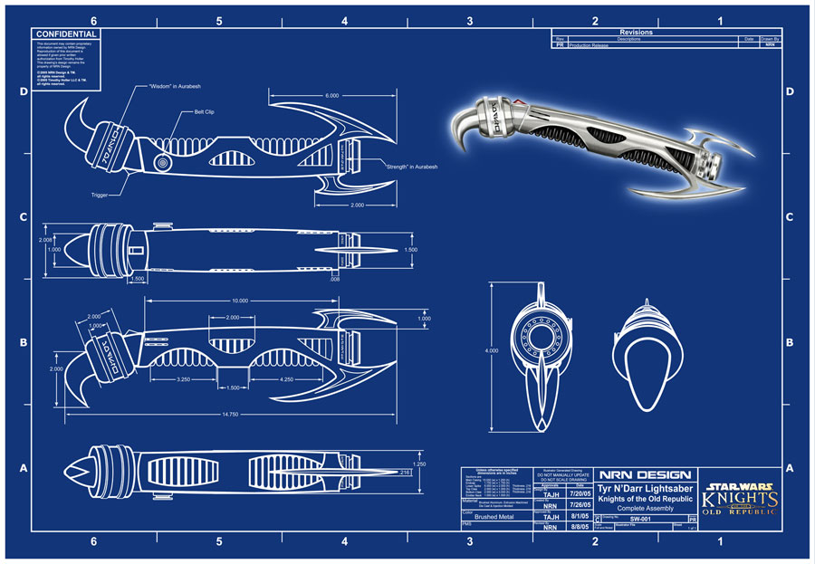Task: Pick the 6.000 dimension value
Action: pos(332,95)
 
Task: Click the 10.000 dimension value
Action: pos(239,300)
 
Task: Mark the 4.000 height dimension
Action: pos(492,351)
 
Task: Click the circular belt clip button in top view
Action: pos(164,163)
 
